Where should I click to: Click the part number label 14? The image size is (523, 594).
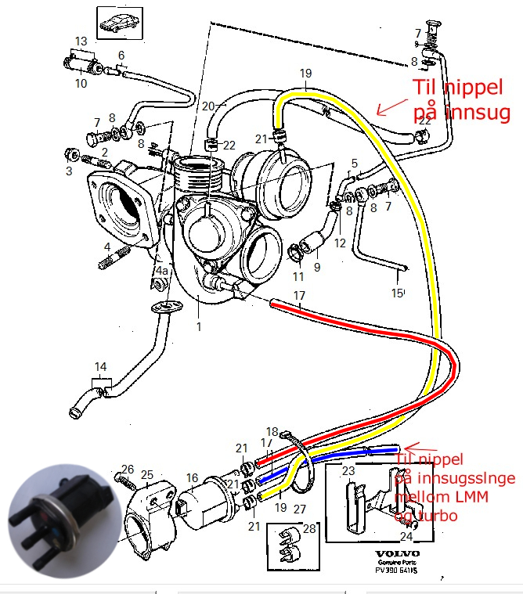(101, 366)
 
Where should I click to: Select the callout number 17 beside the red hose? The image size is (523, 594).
(299, 295)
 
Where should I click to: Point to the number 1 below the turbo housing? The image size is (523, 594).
(199, 326)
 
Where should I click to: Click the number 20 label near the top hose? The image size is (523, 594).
(207, 106)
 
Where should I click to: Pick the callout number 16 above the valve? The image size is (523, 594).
(192, 477)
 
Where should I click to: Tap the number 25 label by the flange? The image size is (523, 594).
(146, 474)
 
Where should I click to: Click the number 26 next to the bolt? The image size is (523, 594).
(128, 469)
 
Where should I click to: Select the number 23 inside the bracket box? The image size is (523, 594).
(348, 471)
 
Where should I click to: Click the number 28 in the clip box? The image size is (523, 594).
(308, 530)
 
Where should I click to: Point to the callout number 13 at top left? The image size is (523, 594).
(81, 41)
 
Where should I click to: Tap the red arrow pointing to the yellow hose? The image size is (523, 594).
(391, 104)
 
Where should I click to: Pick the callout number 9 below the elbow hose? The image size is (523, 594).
(317, 267)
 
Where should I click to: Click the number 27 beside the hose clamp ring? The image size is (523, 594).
(300, 508)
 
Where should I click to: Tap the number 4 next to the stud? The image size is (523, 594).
(106, 248)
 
